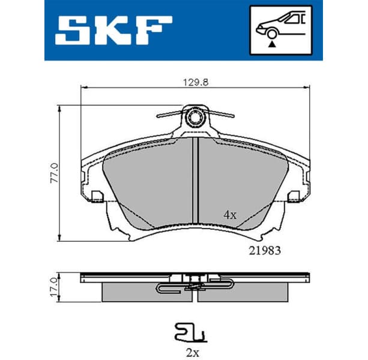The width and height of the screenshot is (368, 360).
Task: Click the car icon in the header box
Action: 281,23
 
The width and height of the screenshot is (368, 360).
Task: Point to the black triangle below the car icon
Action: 271,43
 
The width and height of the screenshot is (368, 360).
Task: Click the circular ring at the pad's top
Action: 195,117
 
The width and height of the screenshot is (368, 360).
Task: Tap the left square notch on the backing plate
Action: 97,196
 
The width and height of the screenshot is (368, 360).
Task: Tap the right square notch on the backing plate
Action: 294,196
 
